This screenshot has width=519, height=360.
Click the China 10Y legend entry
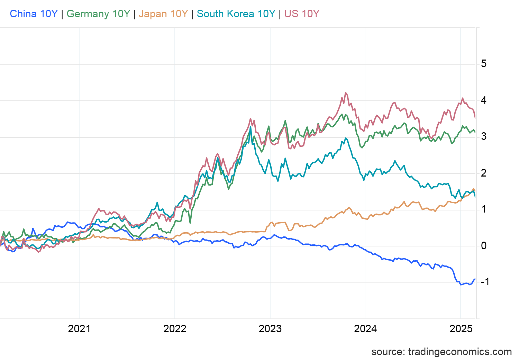click(34, 14)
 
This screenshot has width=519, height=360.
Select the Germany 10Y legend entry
click(98, 14)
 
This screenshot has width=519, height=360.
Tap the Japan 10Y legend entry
click(163, 14)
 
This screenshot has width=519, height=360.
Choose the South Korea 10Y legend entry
click(236, 14)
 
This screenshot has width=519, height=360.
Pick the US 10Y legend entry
click(302, 14)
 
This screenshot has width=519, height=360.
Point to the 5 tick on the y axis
click(484, 64)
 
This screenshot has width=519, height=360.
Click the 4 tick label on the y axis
click(484, 100)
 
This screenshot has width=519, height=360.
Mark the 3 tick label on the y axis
click(484, 136)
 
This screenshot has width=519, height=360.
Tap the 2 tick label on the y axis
click(484, 173)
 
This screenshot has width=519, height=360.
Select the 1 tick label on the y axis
click(484, 209)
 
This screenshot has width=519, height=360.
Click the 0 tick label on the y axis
click(484, 246)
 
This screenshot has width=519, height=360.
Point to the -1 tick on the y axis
click(485, 282)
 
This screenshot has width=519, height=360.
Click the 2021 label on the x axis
click(79, 328)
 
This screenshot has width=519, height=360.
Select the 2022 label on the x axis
click(175, 328)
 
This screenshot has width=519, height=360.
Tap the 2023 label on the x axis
click(270, 328)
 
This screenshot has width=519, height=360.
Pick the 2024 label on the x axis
click(365, 328)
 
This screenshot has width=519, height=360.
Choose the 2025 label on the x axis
click(461, 328)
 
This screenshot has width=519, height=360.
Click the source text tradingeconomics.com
click(441, 352)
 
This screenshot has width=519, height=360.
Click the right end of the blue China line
click(475, 279)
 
